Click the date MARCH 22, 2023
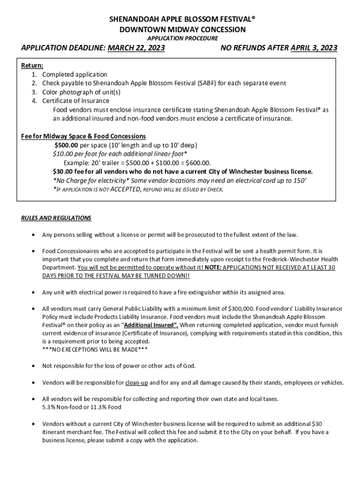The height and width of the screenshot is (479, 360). tap(136, 48)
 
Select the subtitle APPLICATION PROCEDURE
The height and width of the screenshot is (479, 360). tap(183, 38)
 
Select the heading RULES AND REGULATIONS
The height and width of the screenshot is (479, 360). tap(56, 218)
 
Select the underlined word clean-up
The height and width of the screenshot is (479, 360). tap(137, 383)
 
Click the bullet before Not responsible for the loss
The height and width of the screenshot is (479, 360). tap(32, 366)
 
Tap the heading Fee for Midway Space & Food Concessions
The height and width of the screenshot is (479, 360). tap(84, 136)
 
